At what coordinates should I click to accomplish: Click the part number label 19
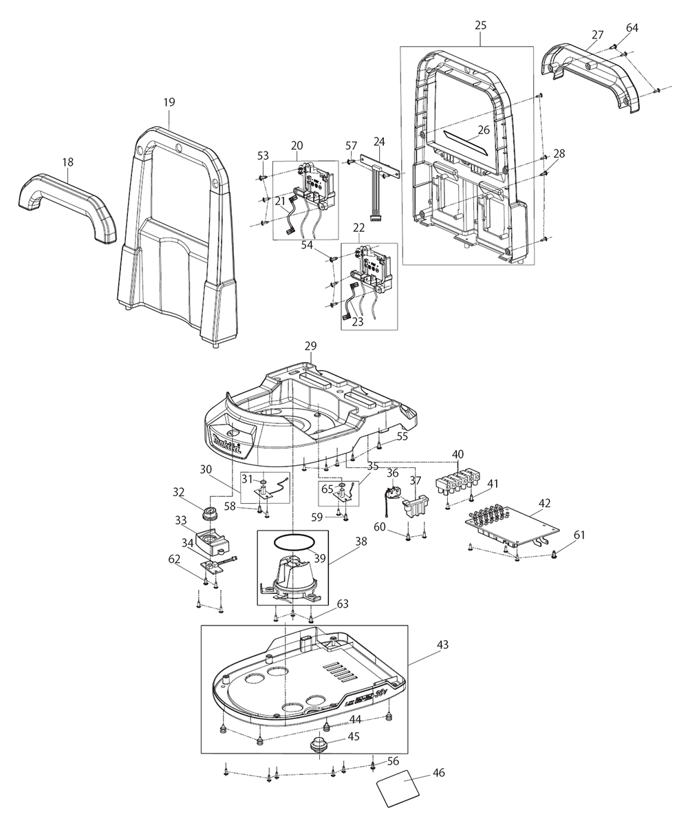point(169,102)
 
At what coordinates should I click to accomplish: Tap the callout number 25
point(480,25)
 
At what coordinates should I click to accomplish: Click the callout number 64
point(632,28)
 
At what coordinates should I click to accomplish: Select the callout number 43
point(442,644)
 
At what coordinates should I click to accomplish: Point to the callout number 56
point(393,761)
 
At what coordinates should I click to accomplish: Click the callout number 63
point(342,604)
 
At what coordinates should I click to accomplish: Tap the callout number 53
point(263,156)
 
